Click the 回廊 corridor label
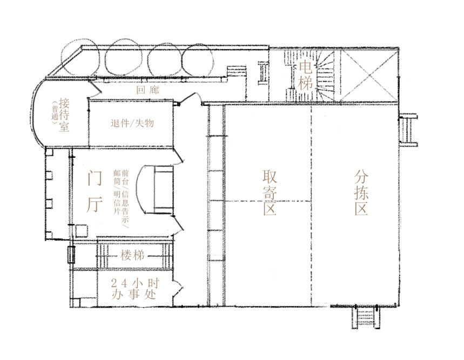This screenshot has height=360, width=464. click(x=147, y=90)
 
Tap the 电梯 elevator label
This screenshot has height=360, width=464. click(x=306, y=75)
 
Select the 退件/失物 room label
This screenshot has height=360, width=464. click(x=132, y=123)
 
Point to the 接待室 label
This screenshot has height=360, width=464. click(x=64, y=114)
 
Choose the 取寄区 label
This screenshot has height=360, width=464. click(x=270, y=192)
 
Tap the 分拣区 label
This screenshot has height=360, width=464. click(x=361, y=192)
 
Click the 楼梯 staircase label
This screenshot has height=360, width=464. click(x=132, y=255)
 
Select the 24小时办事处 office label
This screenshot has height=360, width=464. click(x=135, y=288)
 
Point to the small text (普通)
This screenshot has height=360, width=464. click(x=55, y=115)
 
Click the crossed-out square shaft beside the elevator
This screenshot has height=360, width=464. click(x=368, y=76)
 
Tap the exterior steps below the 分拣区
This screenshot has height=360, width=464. click(x=366, y=317)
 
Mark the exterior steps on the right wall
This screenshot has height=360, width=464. click(x=408, y=130)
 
